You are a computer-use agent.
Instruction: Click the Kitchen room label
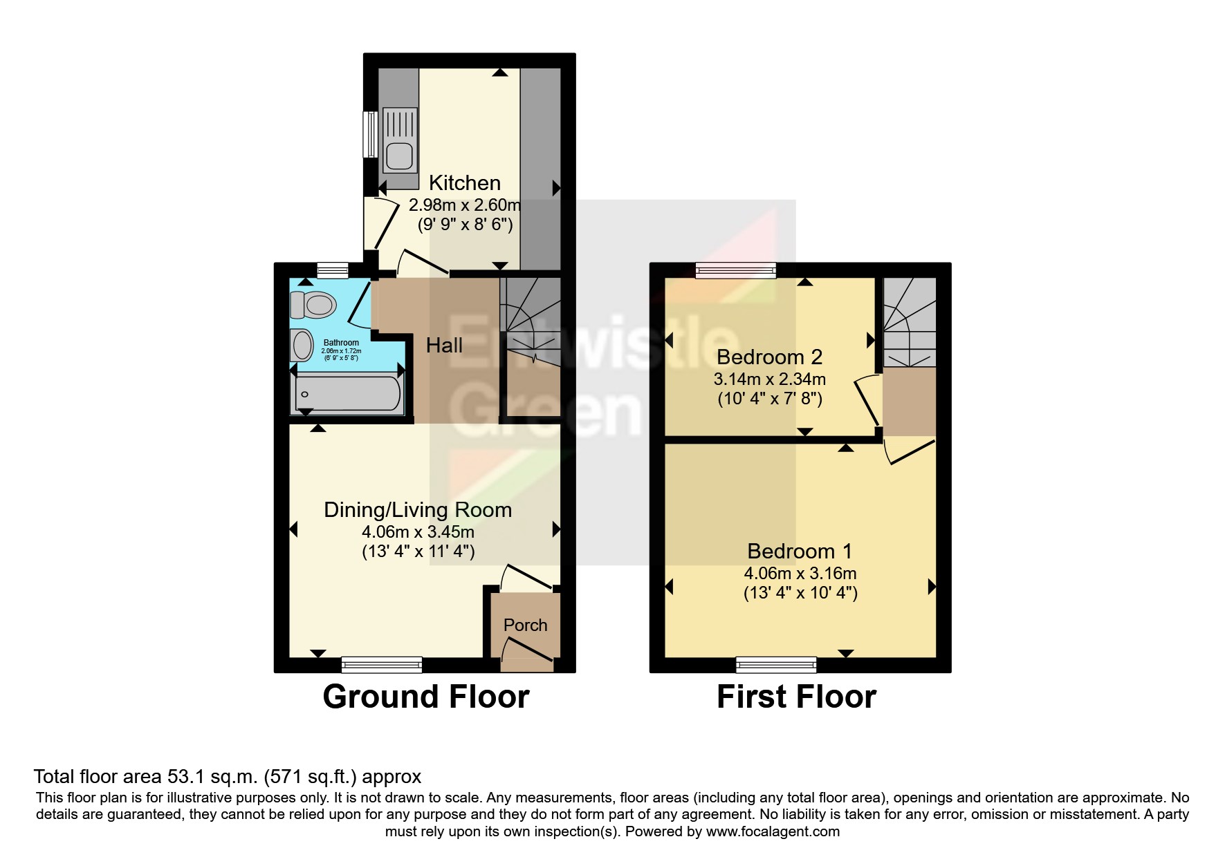(x=464, y=182)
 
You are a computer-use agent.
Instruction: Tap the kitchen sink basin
(x=400, y=156)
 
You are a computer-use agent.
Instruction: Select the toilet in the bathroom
(x=313, y=304)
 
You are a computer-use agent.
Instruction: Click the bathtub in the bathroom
(x=347, y=395)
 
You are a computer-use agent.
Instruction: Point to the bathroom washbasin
(x=302, y=344)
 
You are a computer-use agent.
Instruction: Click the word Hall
(x=444, y=345)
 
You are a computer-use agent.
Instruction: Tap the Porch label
(x=525, y=625)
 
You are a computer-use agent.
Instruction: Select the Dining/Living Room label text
(x=418, y=510)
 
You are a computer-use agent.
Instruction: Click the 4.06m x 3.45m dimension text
(x=418, y=531)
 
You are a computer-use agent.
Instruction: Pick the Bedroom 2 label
(x=769, y=357)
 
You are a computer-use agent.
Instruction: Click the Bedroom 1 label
(x=800, y=551)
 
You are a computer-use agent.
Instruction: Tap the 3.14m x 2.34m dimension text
(x=769, y=379)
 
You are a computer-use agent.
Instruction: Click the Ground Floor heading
(x=425, y=696)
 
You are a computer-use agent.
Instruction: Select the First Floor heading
(x=796, y=696)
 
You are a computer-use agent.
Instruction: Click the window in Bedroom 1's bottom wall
(x=776, y=665)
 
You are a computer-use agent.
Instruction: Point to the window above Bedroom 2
(x=736, y=270)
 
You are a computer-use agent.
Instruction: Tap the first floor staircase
(x=908, y=323)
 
